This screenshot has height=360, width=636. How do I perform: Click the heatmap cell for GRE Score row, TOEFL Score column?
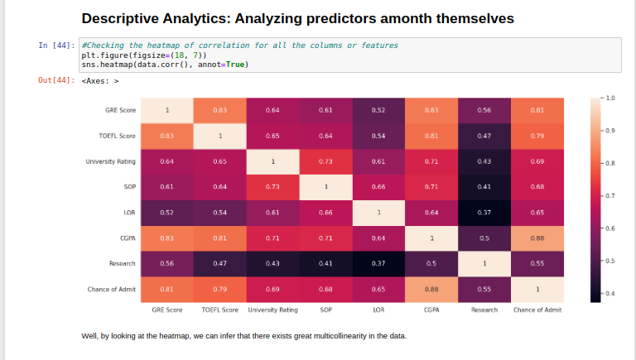[219, 110]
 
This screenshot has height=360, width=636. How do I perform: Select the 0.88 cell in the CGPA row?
[537, 238]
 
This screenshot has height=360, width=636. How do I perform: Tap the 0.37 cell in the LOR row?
[484, 213]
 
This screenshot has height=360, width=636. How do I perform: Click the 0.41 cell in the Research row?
[325, 264]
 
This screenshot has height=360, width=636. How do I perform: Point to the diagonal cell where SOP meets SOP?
[325, 187]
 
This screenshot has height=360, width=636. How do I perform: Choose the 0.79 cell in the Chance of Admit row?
[219, 290]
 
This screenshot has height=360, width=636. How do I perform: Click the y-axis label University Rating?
[110, 161]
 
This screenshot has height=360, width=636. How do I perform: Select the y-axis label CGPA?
[128, 238]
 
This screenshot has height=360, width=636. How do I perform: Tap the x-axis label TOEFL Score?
[219, 310]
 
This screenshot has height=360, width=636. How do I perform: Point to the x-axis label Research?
[484, 310]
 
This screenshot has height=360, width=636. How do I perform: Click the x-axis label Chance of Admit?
[537, 310]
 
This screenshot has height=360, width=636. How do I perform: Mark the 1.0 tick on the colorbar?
[611, 98]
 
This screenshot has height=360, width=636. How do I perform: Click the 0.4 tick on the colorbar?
[611, 294]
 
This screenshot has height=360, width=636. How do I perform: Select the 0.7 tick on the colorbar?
[611, 196]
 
